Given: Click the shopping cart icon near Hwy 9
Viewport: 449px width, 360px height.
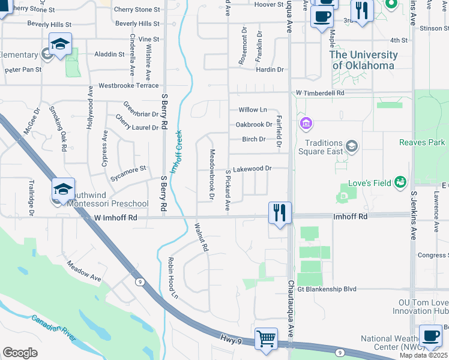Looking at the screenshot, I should point(266,337).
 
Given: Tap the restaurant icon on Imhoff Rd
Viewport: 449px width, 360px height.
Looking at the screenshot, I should point(280,213).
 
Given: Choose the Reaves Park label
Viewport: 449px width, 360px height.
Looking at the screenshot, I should point(422,142).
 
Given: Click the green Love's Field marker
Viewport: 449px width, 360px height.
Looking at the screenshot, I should point(400,182).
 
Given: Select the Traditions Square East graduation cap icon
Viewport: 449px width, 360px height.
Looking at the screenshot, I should point(352,146).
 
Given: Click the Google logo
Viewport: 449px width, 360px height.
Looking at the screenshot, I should point(20,353).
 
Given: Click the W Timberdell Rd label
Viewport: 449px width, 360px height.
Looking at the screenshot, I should point(320,93).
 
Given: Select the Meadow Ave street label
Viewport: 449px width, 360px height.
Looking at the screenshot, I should point(84,271).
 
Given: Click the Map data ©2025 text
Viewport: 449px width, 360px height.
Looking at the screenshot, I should point(423,355).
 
